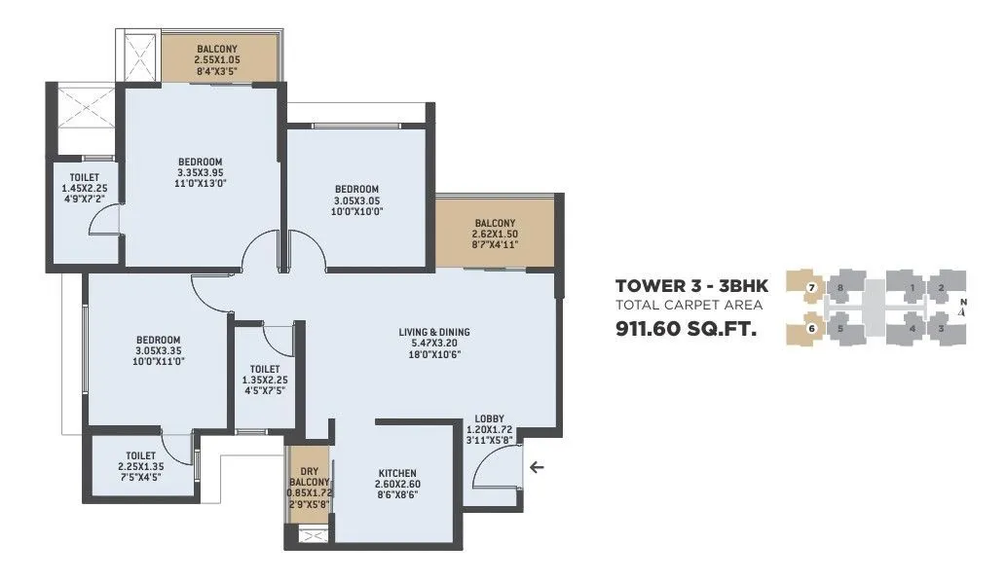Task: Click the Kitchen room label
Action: (397, 472)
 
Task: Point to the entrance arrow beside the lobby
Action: (536, 468)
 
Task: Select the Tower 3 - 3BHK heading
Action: (691, 286)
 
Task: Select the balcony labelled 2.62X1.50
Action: (495, 235)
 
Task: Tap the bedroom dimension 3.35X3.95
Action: (200, 173)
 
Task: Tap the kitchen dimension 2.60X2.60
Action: (397, 484)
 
